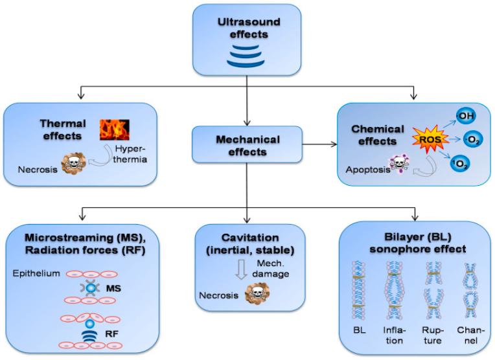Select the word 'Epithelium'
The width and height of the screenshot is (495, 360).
pos(33,274)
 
